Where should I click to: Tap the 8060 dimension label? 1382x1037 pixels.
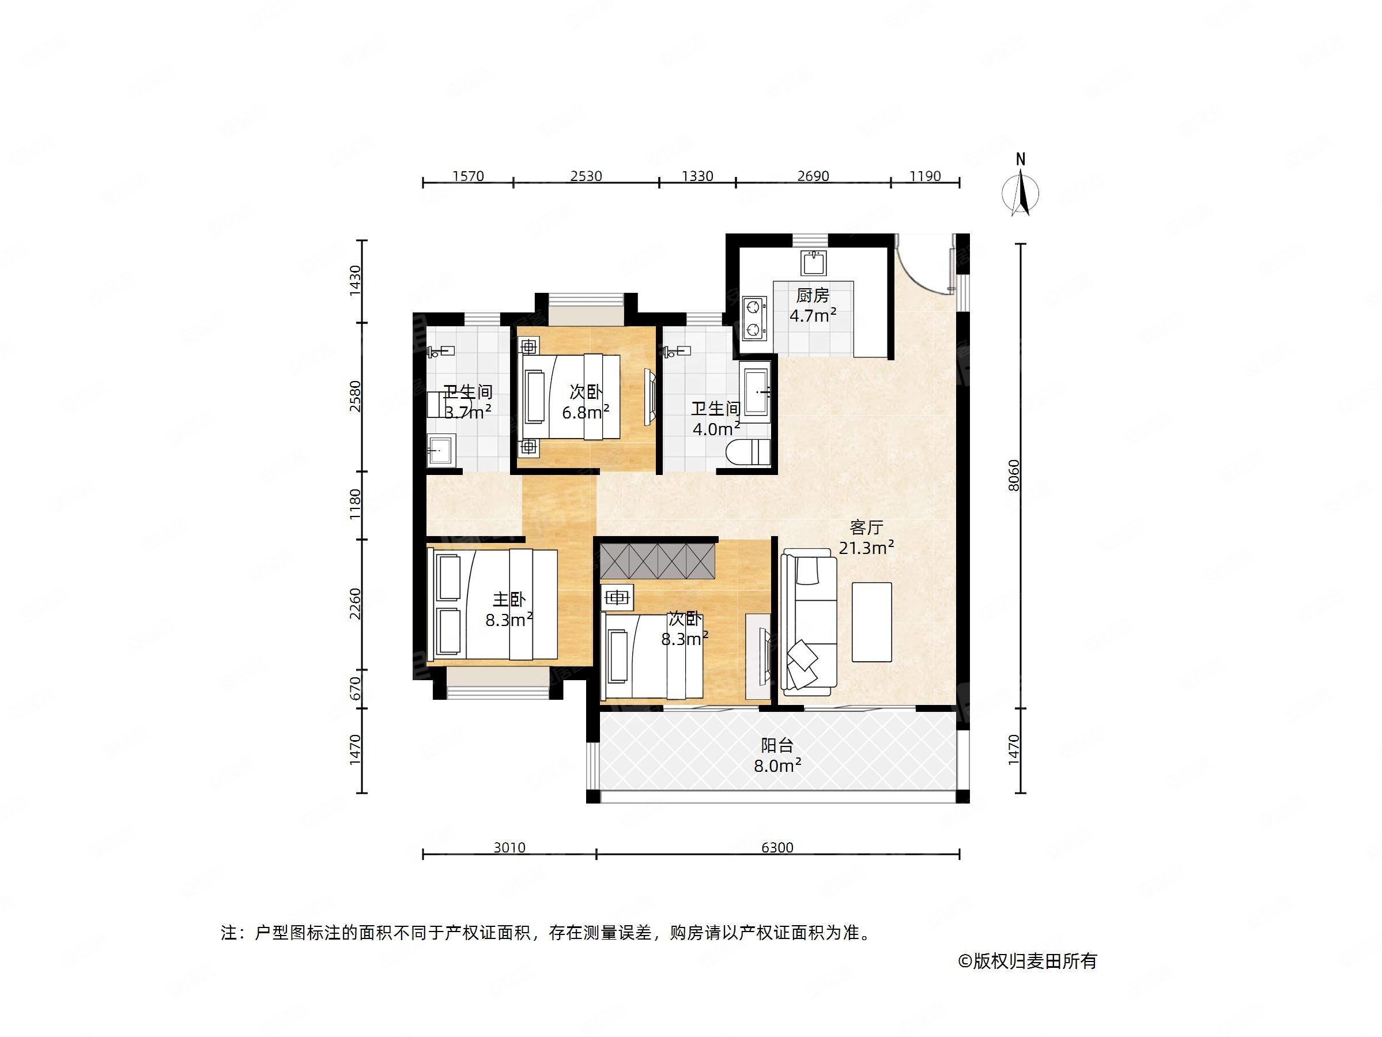pyautogui.click(x=1014, y=475)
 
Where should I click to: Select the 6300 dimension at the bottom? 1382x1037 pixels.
pyautogui.click(x=777, y=847)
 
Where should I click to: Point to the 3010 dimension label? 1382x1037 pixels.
pyautogui.click(x=509, y=847)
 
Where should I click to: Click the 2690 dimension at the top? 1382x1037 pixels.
pyautogui.click(x=813, y=176)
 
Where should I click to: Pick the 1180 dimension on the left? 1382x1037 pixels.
pyautogui.click(x=355, y=504)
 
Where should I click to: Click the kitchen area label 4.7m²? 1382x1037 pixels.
pyautogui.click(x=813, y=316)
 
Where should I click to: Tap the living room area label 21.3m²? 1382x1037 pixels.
pyautogui.click(x=866, y=548)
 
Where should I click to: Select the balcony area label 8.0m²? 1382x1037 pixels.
pyautogui.click(x=777, y=765)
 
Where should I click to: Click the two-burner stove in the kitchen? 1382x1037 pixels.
pyautogui.click(x=754, y=318)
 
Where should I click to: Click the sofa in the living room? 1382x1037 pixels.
pyautogui.click(x=809, y=623)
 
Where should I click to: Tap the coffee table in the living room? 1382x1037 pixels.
pyautogui.click(x=871, y=621)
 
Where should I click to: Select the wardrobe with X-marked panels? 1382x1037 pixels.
pyautogui.click(x=656, y=561)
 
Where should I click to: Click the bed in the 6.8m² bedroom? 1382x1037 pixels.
pyautogui.click(x=570, y=397)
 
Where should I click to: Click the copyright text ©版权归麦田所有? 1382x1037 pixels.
pyautogui.click(x=1028, y=961)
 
